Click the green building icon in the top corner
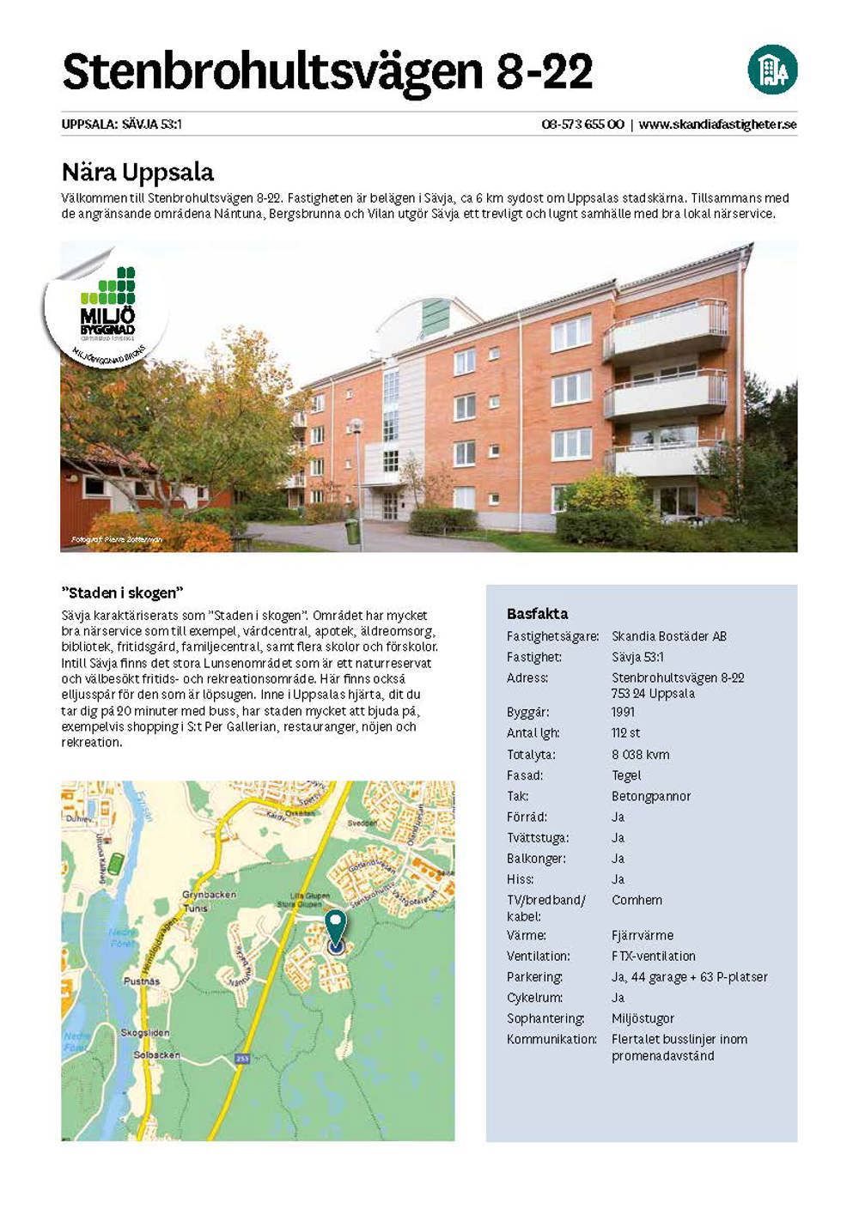point(772,70)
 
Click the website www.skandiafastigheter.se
point(718,125)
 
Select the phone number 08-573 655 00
point(582,125)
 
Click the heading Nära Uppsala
point(137,173)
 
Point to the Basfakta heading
point(537,614)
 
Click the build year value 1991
point(623,713)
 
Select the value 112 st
point(625,733)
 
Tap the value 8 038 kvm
point(640,755)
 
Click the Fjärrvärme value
point(642,935)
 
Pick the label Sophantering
point(545,1018)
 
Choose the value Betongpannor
point(650,796)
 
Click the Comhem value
point(637,900)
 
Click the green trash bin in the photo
point(350,532)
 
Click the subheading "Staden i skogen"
point(124,593)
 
